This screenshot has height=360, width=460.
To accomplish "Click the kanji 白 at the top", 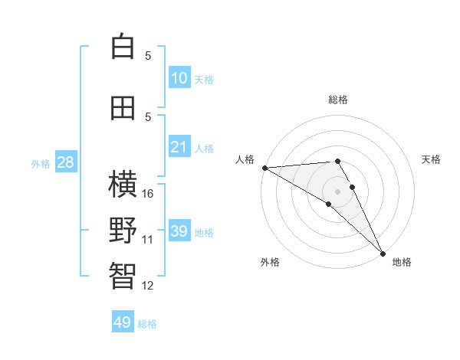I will pos(123,47).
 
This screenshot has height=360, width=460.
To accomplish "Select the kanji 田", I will pos(123,108).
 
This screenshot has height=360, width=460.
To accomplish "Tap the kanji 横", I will pos(123,185).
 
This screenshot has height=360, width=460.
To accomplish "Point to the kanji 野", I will pos(123,231).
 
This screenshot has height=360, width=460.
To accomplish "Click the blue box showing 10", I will pos(179,78).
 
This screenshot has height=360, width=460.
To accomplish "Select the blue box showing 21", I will pos(179,147).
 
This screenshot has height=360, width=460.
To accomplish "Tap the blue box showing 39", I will pos(179,231).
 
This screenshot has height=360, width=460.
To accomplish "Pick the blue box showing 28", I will pos(65,162).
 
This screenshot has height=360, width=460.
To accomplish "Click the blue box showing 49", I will pos(123,322).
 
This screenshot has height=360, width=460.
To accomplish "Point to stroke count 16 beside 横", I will pos(149,194).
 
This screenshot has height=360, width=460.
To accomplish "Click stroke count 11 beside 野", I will pos(148,240).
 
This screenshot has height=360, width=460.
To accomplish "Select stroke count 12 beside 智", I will pos(149,286).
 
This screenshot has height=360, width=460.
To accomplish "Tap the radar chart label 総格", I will pos(338,100).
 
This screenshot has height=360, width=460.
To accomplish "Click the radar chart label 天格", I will pos(431,159).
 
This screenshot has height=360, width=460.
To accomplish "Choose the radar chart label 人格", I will pos(245,159).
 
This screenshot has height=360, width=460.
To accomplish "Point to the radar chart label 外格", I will pos(270,262).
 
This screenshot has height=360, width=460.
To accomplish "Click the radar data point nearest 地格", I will pos(383,252).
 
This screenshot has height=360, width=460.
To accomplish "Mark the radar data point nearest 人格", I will pos(264,168).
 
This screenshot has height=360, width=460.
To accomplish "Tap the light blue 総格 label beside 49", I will pos(147,324).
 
